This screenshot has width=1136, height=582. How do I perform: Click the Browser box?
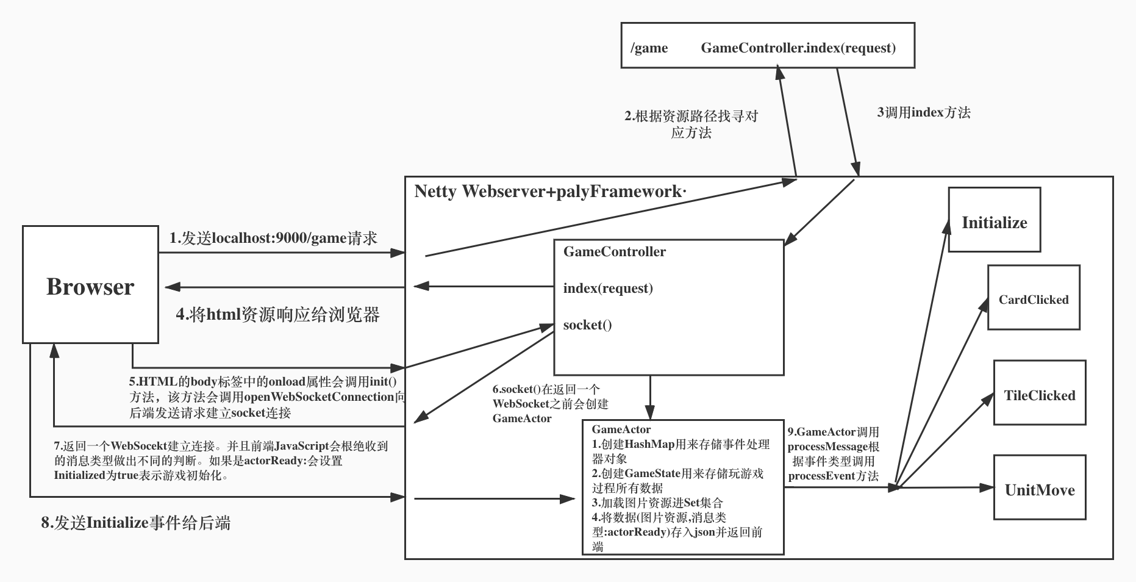pos(90,285)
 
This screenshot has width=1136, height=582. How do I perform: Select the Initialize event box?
pos(994,220)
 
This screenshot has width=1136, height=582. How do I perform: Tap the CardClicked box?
pos(1034,298)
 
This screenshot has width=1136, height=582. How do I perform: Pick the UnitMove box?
pos(1039,488)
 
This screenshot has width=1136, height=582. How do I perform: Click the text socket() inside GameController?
pos(587,325)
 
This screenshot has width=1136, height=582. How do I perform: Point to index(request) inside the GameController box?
pos(608,288)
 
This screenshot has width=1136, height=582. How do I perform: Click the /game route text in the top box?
pos(649,48)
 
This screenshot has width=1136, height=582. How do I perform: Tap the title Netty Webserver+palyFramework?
pos(549,192)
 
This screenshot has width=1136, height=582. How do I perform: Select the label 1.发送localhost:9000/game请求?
pos(273,238)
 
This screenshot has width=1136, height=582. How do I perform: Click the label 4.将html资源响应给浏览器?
pos(277,315)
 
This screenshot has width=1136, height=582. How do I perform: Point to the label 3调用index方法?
pos(923,112)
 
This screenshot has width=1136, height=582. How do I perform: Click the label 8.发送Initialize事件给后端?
pos(135,523)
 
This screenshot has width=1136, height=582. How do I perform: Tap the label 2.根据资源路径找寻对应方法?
pos(691,124)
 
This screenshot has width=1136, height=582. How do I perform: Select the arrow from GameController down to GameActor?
pos(650,397)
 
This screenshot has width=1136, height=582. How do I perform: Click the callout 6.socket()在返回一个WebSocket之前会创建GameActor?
pos(549,404)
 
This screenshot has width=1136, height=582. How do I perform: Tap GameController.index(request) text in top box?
pos(798,48)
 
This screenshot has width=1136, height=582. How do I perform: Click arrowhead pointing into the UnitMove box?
pos(988,487)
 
